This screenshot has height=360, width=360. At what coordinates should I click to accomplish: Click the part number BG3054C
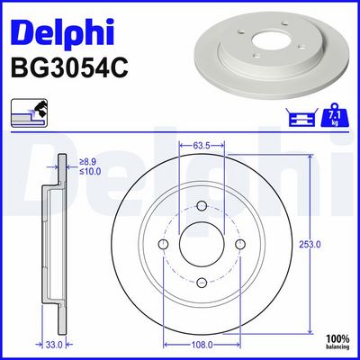(x=69, y=67)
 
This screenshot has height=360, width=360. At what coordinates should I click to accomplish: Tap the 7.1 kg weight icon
(x=335, y=115)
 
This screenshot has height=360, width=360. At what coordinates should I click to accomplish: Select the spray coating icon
(x=30, y=112)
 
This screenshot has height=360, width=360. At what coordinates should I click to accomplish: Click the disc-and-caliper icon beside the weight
(x=302, y=117)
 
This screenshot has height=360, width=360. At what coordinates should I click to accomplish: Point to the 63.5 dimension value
(x=202, y=146)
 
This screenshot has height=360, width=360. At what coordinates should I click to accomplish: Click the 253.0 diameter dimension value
(x=310, y=245)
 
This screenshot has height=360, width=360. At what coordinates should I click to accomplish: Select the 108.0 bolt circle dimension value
(x=202, y=345)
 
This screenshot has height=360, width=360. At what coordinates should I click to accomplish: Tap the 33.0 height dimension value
(x=54, y=345)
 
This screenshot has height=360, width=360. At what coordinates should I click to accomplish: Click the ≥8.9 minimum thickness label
(x=87, y=162)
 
